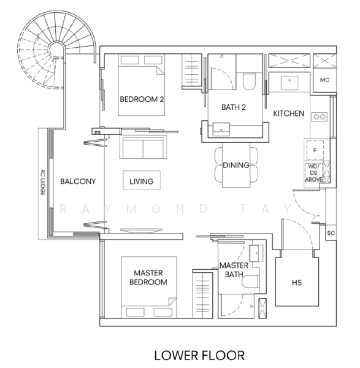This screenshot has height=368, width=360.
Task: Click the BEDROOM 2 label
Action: [142, 99]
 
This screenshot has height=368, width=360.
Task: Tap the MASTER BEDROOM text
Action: [148, 277]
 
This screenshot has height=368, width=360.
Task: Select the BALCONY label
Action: [78, 181]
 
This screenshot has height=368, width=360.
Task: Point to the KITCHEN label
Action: [289, 113]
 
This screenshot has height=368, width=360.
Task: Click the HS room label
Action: [297, 283]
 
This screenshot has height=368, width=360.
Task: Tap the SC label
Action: [331, 233]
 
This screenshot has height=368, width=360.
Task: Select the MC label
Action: [324, 80]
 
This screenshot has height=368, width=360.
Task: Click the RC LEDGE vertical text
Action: [43, 182]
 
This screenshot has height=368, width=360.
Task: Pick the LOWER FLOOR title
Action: [199, 355]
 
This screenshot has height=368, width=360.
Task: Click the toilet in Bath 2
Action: [249, 81]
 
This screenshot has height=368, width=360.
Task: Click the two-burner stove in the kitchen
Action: [320, 117]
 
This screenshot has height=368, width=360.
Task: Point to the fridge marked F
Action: [315, 150]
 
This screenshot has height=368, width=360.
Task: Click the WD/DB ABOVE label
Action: [314, 173]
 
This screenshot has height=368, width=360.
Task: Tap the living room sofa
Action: [143, 147]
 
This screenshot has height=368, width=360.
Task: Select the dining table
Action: [236, 165]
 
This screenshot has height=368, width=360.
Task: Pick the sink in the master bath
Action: [256, 253]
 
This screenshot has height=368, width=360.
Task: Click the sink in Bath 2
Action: [221, 129]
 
